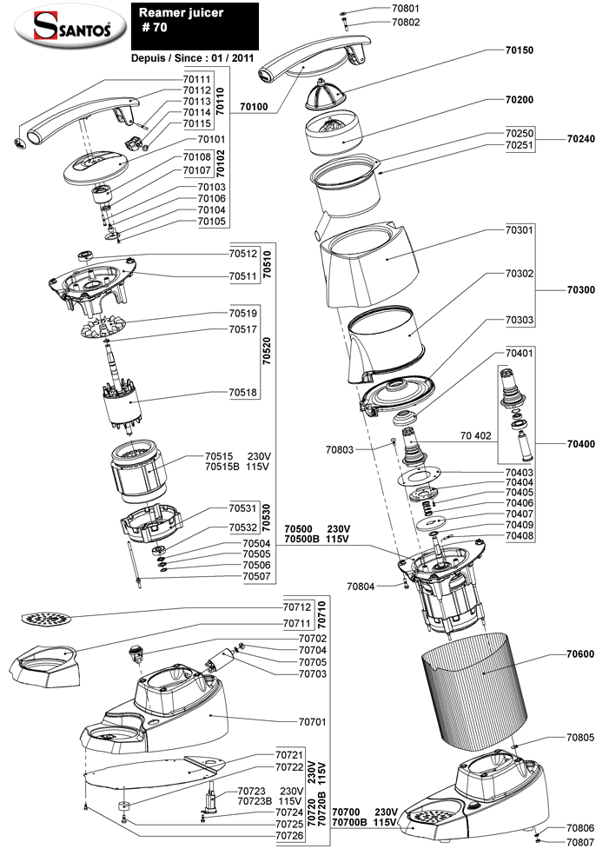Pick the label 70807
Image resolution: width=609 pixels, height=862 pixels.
(580, 842)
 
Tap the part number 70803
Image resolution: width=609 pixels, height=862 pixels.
(340, 449)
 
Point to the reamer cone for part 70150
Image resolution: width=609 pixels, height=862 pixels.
(327, 92)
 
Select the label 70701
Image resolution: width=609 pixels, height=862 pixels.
(312, 720)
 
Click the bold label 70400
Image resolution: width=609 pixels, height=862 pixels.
(581, 444)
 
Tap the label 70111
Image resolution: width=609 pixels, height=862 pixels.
(196, 79)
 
